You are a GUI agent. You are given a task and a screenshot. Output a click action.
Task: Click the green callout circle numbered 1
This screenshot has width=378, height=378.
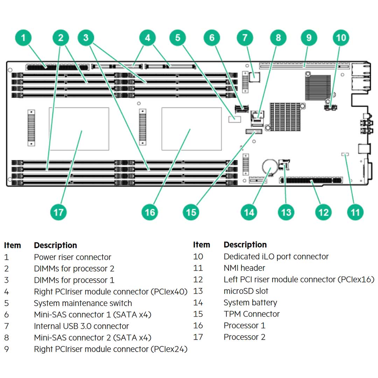23,37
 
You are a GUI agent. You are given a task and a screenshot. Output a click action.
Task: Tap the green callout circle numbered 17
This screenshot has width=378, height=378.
58,212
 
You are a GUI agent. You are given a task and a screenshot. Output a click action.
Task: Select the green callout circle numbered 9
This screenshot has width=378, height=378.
309,37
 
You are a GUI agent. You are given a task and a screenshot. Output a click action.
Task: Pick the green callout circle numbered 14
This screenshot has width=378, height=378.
249,212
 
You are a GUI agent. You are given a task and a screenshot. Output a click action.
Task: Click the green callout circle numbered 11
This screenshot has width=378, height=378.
355,212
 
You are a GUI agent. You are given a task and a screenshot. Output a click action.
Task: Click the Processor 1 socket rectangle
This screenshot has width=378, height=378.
191,129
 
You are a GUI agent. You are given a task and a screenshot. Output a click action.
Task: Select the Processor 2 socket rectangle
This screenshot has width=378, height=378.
79,129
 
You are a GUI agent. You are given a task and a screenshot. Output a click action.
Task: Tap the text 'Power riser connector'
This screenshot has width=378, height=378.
72,257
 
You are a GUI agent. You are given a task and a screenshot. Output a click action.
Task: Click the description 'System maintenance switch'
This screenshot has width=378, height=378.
83,303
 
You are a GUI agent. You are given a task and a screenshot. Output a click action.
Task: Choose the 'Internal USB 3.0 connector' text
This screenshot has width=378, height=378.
81,326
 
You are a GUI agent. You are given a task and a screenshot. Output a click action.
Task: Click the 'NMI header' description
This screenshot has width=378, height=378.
244,268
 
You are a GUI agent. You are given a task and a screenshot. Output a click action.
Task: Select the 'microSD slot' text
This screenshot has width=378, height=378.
246,291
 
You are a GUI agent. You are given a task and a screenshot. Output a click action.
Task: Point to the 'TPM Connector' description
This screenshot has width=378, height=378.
252,314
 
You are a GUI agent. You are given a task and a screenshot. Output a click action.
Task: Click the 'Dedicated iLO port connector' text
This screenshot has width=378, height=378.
276,257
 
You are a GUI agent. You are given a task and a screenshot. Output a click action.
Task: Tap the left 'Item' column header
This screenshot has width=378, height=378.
13,245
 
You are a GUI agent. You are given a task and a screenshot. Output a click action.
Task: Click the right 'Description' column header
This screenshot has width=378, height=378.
245,245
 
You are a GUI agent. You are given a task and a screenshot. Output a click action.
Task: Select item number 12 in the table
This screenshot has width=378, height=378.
198,280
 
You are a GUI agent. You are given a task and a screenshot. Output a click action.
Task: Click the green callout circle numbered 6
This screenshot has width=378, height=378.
212,37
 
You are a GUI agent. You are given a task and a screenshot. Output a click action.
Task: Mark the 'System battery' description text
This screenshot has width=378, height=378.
250,302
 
